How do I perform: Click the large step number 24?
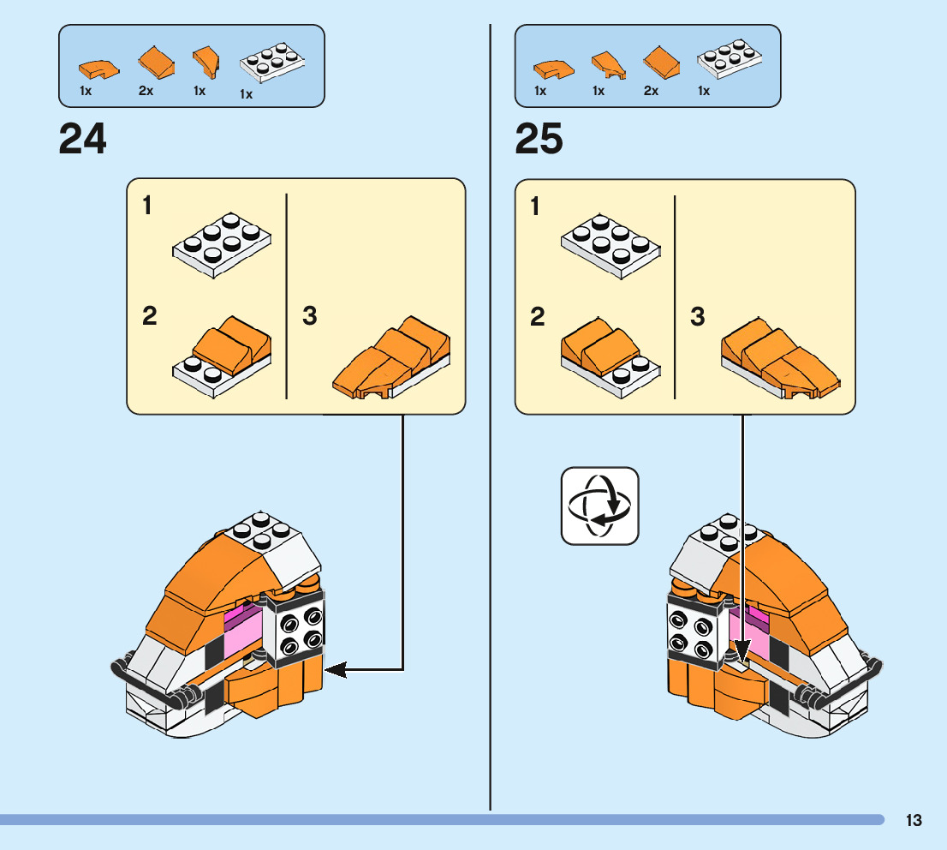click(83, 139)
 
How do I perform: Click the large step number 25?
click(539, 139)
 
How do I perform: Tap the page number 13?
click(914, 820)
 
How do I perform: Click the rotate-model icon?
click(599, 506)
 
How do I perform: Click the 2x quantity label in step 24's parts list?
click(146, 91)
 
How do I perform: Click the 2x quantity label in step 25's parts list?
click(651, 91)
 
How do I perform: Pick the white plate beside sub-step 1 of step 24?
click(223, 244)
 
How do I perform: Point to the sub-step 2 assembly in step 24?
click(223, 356)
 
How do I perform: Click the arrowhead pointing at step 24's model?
click(334, 669)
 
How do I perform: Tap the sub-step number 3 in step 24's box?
click(310, 316)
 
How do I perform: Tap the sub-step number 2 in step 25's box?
click(537, 317)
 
